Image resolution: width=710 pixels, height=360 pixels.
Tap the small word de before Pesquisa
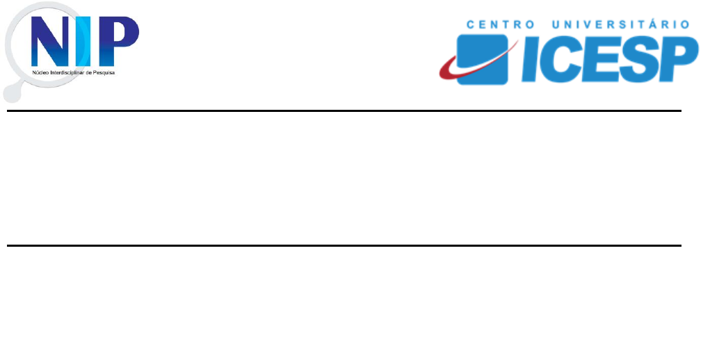click(88, 72)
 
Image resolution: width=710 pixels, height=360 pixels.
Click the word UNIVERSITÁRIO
click(621, 24)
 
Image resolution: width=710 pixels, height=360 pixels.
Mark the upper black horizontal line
click(344, 111)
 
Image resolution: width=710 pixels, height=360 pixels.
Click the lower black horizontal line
click(344, 245)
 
